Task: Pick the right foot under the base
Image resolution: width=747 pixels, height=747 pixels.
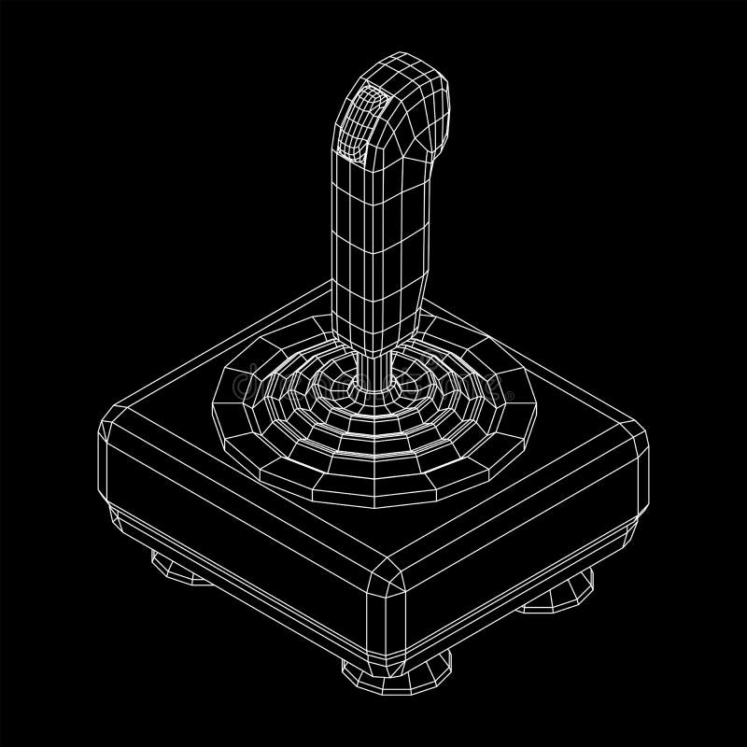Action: click(x=560, y=598)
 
